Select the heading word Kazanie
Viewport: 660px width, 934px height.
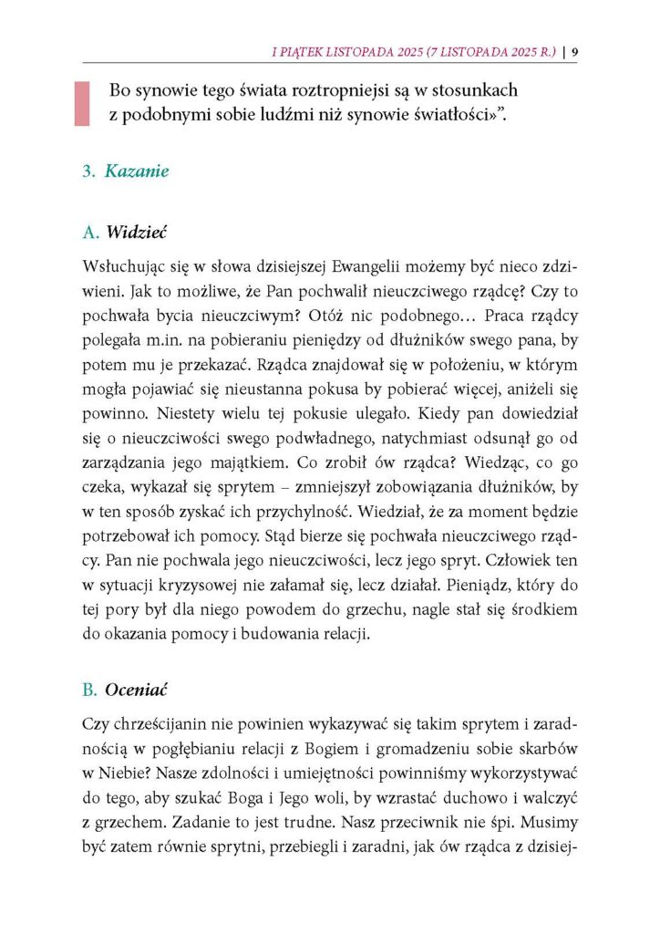pyautogui.click(x=137, y=171)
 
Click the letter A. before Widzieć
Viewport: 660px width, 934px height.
pyautogui.click(x=90, y=233)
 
